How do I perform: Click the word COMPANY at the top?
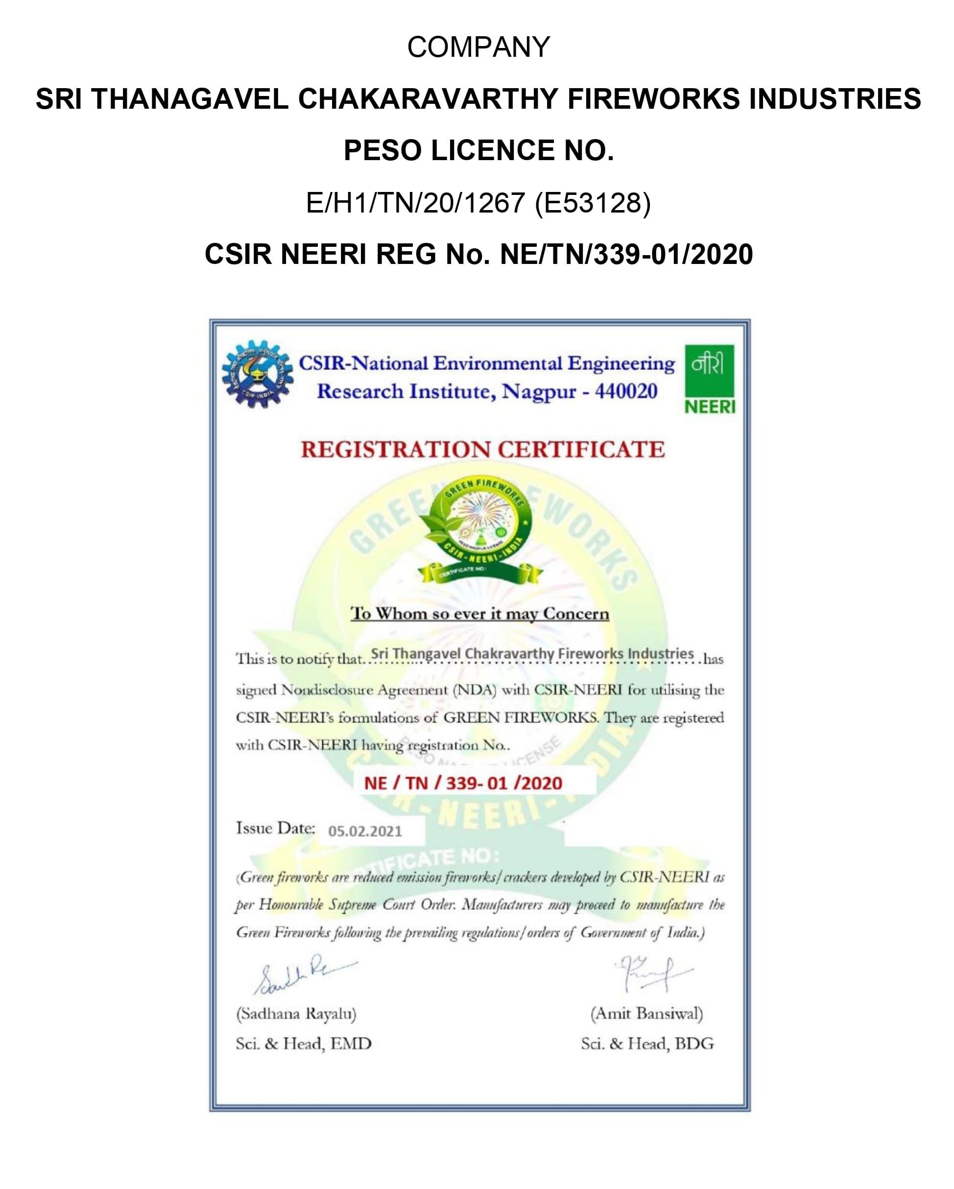point(478,47)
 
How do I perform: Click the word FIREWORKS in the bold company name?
point(653,99)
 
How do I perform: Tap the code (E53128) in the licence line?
point(593,203)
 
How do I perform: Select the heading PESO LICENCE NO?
point(478,150)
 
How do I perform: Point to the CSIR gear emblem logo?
point(257,375)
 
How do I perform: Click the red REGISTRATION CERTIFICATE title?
point(482,450)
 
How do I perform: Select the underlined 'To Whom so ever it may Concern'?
point(480,614)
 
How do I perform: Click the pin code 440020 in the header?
point(626,392)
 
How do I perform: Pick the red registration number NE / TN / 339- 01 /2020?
point(463,783)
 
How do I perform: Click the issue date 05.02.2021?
point(365,831)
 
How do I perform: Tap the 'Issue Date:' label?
point(276,828)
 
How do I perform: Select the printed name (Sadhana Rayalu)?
point(296,1014)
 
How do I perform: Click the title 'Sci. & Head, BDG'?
point(647,1044)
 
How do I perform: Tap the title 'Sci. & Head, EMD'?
point(304,1044)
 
